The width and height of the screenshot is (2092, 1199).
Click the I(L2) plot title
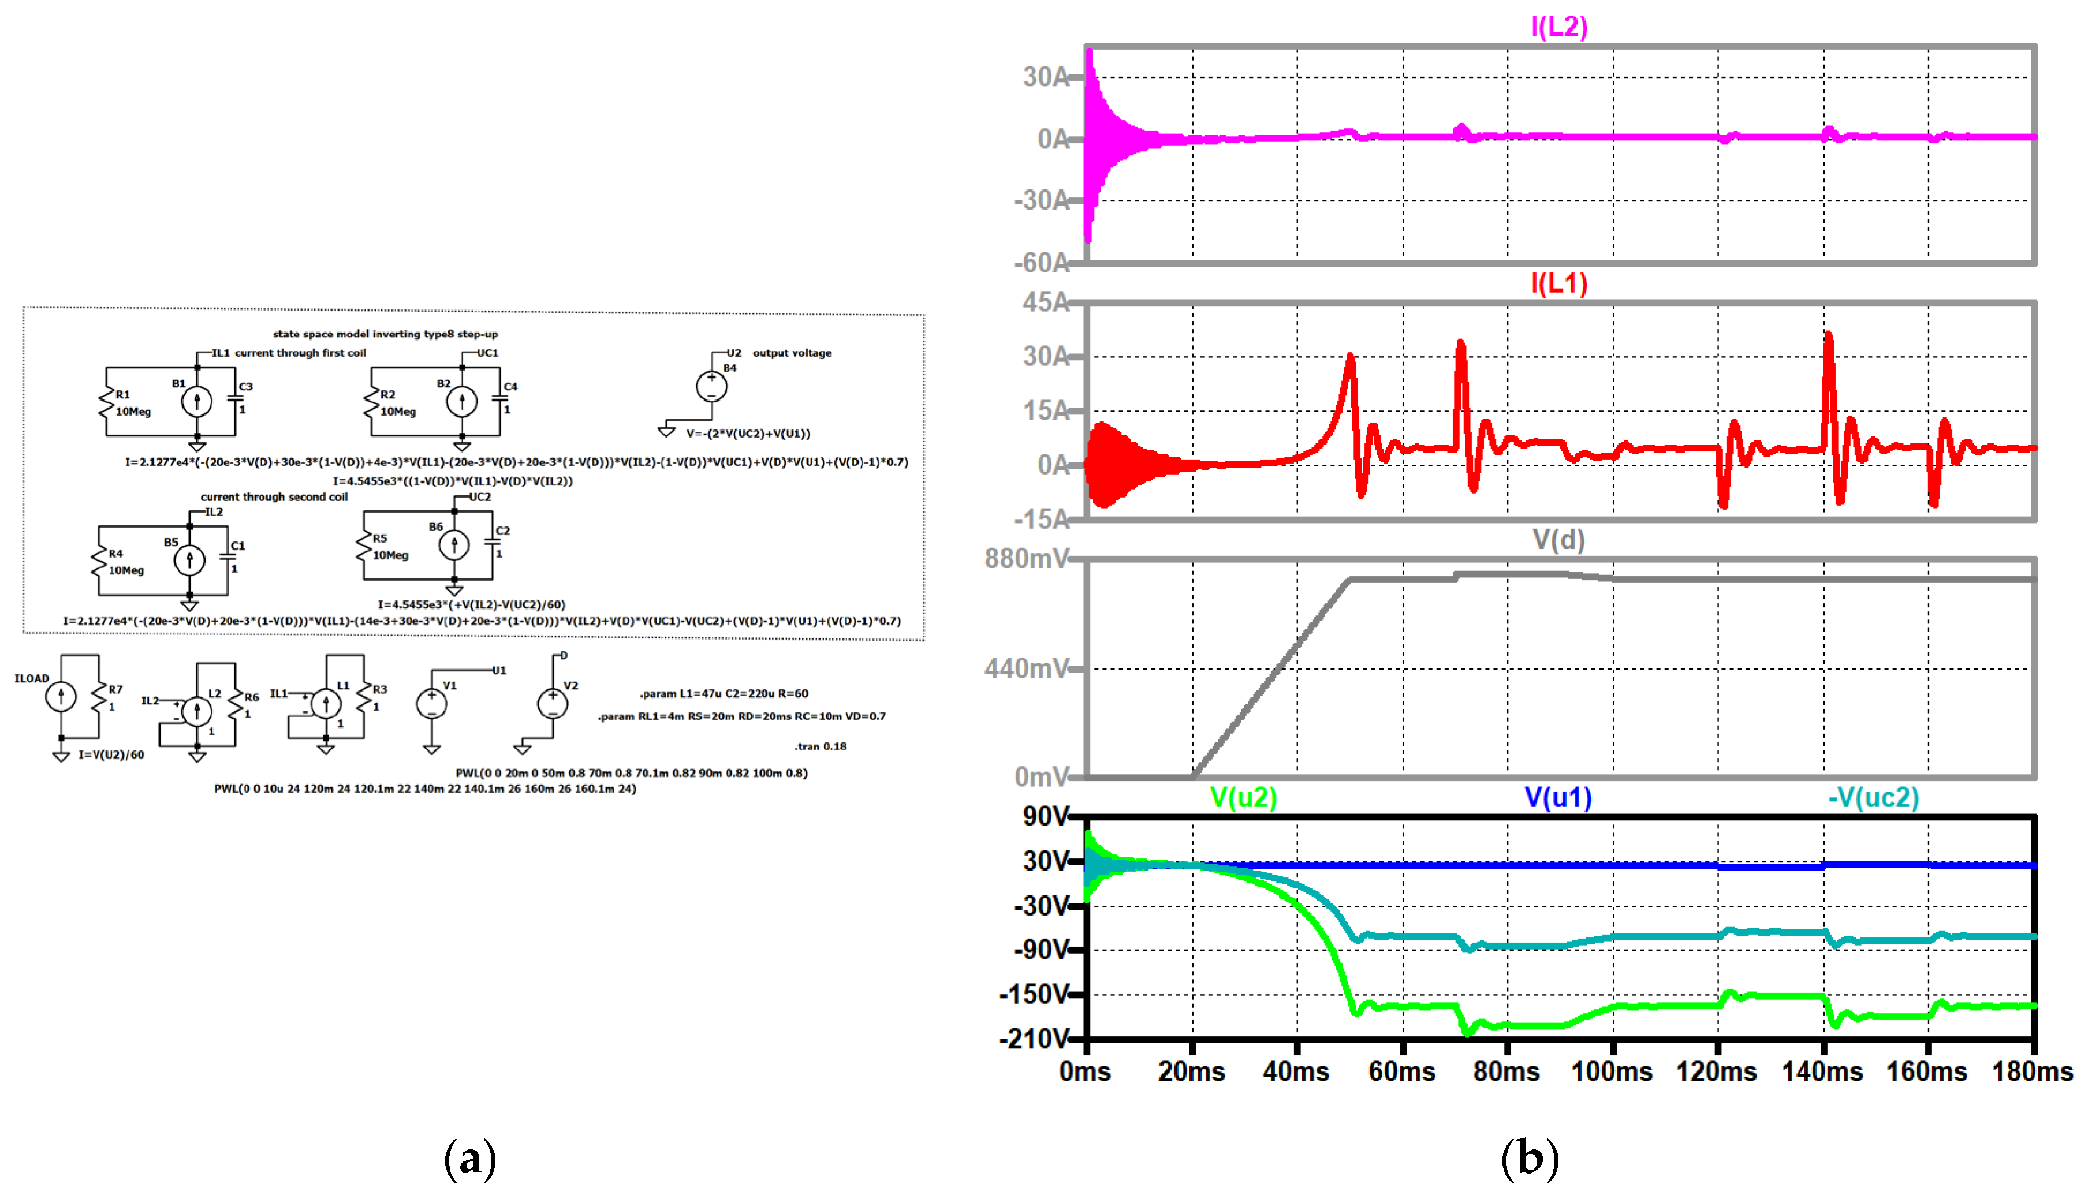click(x=1558, y=27)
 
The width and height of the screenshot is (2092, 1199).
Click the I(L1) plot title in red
click(x=1558, y=283)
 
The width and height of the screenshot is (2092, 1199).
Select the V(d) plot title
click(x=1558, y=540)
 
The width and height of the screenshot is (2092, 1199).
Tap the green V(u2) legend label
click(x=1243, y=797)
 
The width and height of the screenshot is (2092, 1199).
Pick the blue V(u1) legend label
click(x=1558, y=797)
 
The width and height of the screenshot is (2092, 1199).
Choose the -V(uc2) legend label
click(x=1873, y=797)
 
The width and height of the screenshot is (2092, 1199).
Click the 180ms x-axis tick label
click(x=2032, y=1071)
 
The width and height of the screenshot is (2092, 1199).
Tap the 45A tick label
click(x=1045, y=302)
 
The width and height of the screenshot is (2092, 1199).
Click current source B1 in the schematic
click(x=197, y=402)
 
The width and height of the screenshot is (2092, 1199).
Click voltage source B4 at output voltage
click(x=711, y=386)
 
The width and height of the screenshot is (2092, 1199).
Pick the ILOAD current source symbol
click(x=61, y=697)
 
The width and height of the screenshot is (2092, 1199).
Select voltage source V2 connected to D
click(x=553, y=704)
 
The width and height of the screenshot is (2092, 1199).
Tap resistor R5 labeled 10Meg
click(x=364, y=547)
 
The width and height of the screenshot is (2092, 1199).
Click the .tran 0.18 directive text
click(x=821, y=746)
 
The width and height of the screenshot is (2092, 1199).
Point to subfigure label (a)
click(x=469, y=1159)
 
